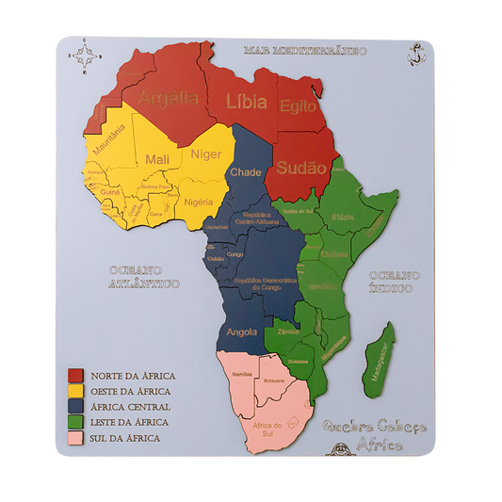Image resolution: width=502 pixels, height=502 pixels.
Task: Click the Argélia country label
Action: pyautogui.click(x=169, y=97)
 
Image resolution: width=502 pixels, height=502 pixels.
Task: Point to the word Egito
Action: pyautogui.click(x=300, y=105)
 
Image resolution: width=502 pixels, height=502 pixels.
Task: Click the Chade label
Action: pyautogui.click(x=246, y=172)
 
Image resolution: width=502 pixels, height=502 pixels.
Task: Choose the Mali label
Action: pyautogui.click(x=156, y=160)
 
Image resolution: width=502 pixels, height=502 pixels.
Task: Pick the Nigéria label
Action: pyautogui.click(x=199, y=202)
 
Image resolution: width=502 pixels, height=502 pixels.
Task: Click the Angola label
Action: pyautogui.click(x=242, y=332)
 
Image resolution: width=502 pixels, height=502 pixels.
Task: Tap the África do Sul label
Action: pyautogui.click(x=267, y=428)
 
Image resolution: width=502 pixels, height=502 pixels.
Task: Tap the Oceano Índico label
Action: pyautogui.click(x=395, y=281)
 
